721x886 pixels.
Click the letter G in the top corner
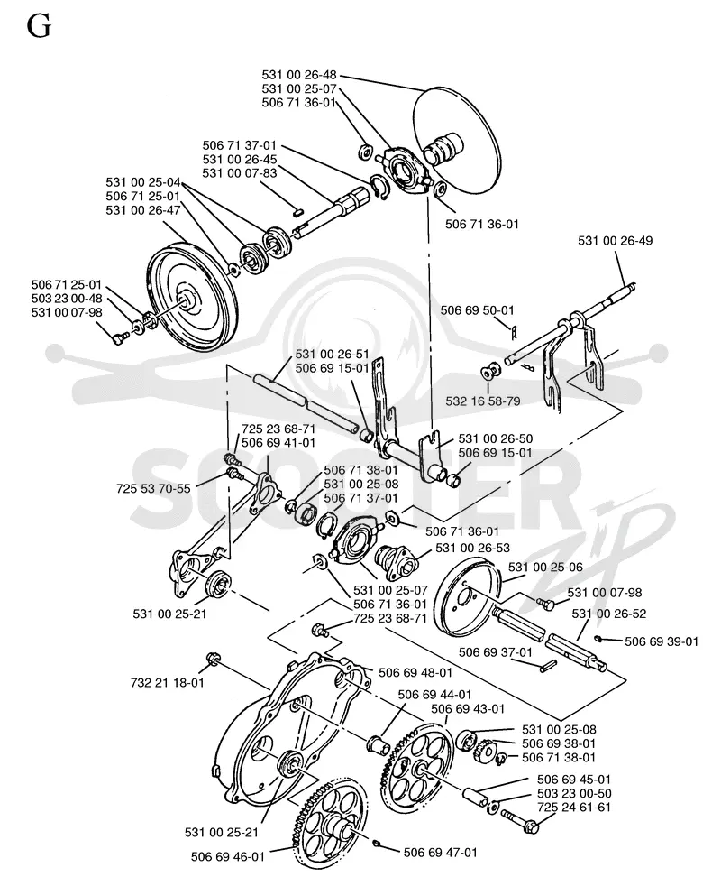[39, 26]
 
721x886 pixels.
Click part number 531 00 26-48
[298, 75]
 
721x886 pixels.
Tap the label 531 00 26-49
[615, 240]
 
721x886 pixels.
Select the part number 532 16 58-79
[483, 401]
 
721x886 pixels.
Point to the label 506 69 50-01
[477, 310]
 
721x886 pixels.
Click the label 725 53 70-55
[153, 488]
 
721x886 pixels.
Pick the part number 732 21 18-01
[167, 683]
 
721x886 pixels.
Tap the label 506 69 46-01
[227, 856]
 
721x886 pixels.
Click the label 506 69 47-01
[441, 852]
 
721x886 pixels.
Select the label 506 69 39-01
[662, 641]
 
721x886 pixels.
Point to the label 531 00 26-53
[472, 548]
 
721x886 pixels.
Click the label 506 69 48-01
[415, 672]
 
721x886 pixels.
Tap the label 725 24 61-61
[574, 807]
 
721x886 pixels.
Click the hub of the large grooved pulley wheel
[187, 299]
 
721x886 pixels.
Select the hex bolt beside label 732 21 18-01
[214, 659]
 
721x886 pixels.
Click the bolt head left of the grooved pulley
[121, 338]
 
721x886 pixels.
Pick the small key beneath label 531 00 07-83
[300, 211]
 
